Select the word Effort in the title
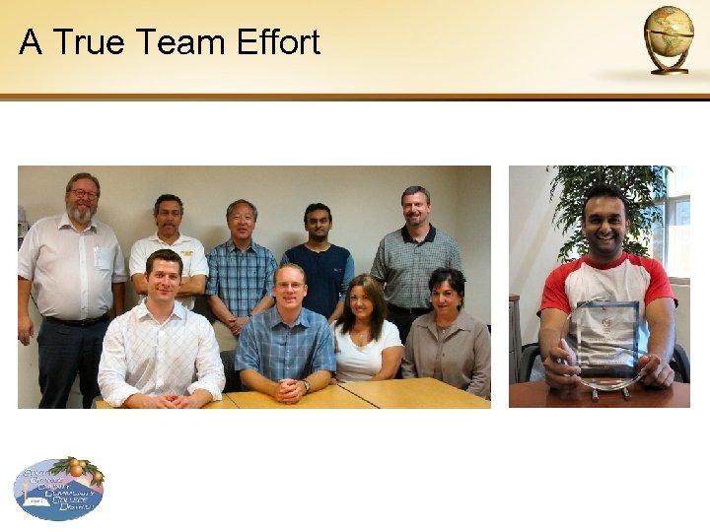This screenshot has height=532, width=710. [x=278, y=42]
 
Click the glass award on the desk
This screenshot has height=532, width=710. [x=604, y=345]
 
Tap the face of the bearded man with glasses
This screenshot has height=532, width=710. [x=83, y=200]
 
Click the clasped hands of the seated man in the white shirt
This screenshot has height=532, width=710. [x=165, y=399]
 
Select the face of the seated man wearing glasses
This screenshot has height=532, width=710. [x=290, y=286]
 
